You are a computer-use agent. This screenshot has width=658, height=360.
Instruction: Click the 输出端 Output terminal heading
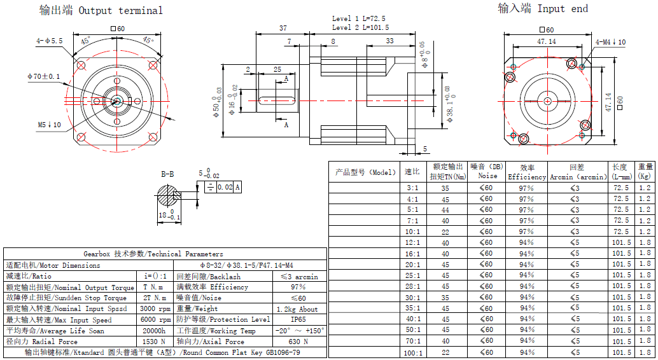point(101,10)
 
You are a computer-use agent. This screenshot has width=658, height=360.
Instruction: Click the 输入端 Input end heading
point(542,8)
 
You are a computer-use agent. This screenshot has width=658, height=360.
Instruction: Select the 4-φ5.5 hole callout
point(49,41)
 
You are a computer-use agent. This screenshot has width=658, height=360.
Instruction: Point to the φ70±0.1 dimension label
point(43,76)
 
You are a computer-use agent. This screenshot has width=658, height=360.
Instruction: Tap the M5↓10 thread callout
point(49,125)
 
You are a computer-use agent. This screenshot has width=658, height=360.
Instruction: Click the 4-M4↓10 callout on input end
point(610,42)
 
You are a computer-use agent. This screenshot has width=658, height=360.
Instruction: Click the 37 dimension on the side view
point(283,28)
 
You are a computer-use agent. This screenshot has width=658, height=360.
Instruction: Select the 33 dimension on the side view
point(389,41)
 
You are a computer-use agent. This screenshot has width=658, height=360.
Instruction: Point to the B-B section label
point(167,174)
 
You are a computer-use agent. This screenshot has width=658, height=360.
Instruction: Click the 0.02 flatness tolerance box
point(225,187)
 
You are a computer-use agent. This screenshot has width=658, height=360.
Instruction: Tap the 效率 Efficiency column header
point(527,172)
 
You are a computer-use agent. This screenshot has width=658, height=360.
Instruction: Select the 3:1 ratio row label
point(412,188)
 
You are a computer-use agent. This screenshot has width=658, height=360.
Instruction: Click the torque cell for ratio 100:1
point(445,352)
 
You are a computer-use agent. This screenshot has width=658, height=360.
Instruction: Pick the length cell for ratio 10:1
point(621,232)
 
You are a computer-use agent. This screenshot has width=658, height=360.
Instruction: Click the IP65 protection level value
point(298,320)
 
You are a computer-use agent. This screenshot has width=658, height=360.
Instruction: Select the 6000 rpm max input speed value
point(155,320)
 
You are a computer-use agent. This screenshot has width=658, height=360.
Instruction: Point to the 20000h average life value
point(154,331)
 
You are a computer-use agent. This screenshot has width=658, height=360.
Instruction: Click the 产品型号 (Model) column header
point(365,172)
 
